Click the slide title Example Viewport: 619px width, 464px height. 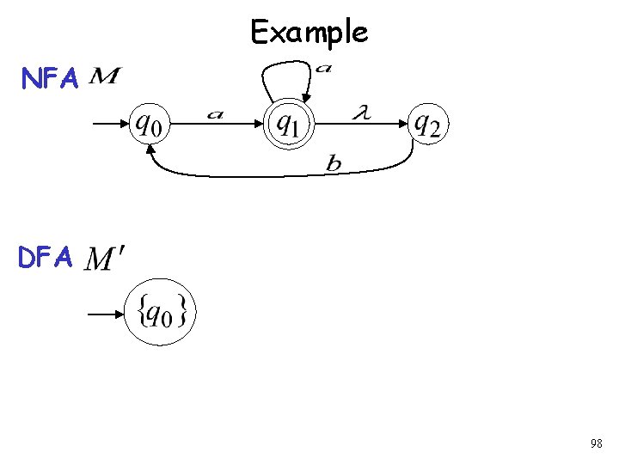tap(309, 33)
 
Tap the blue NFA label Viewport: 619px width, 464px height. tap(51, 80)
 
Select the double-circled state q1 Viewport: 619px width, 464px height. tap(288, 125)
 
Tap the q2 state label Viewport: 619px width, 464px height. tap(427, 125)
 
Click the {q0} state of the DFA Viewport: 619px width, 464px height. tap(160, 314)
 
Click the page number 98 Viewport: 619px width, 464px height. tap(596, 443)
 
